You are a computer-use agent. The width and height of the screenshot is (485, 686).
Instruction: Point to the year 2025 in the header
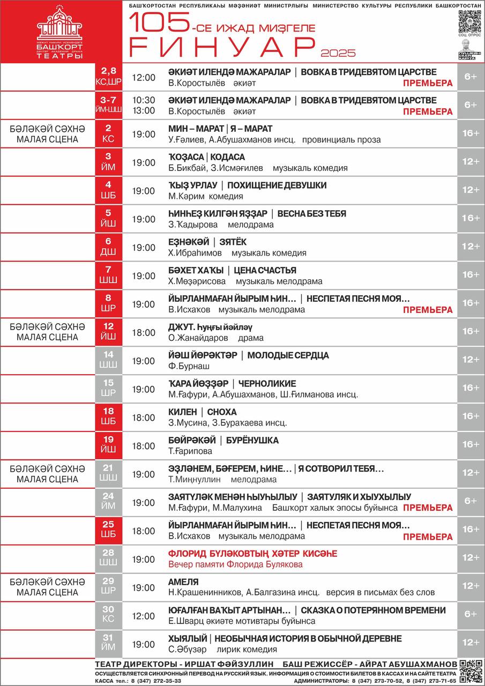click(338, 53)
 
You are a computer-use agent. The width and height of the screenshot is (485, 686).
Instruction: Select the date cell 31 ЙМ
click(108, 642)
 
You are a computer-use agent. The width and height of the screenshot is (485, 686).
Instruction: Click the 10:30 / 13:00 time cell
click(144, 105)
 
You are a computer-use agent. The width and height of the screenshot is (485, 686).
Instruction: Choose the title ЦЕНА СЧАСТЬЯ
click(265, 271)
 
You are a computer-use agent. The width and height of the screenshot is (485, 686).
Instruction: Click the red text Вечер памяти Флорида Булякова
click(235, 564)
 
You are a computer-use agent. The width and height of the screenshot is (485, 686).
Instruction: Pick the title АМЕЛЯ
click(183, 582)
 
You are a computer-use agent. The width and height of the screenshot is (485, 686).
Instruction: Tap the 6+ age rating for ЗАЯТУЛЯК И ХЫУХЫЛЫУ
click(471, 501)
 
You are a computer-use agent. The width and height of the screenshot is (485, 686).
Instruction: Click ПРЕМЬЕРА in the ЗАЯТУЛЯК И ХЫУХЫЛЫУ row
click(428, 508)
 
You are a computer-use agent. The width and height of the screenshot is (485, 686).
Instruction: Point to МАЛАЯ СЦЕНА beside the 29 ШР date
click(47, 592)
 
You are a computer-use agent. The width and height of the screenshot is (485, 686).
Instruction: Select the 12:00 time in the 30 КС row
click(144, 616)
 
